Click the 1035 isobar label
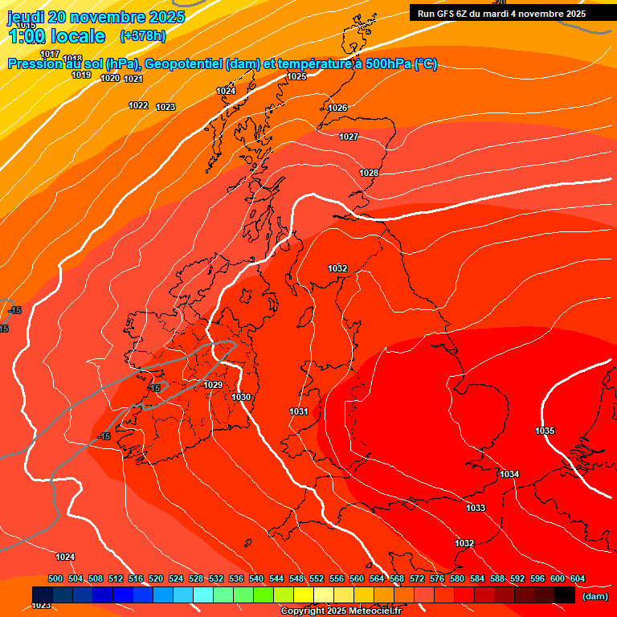coord(545,431)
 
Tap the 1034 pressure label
coord(509,475)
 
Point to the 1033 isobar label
coord(476,509)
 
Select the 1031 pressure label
coord(299,412)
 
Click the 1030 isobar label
coord(241,398)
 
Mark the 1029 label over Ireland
coord(213,386)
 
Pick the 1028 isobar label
coord(369,174)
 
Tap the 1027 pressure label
coord(349,137)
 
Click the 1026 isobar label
coord(337,108)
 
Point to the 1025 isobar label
coord(296,77)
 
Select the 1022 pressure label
coord(138,106)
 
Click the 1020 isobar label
coord(110,79)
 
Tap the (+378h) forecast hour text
coord(143,36)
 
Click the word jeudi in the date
coord(27,18)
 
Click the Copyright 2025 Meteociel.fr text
coord(341,611)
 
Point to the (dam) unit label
coord(595,597)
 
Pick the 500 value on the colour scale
coord(55,579)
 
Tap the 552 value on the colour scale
coord(317,579)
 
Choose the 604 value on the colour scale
coord(578,579)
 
